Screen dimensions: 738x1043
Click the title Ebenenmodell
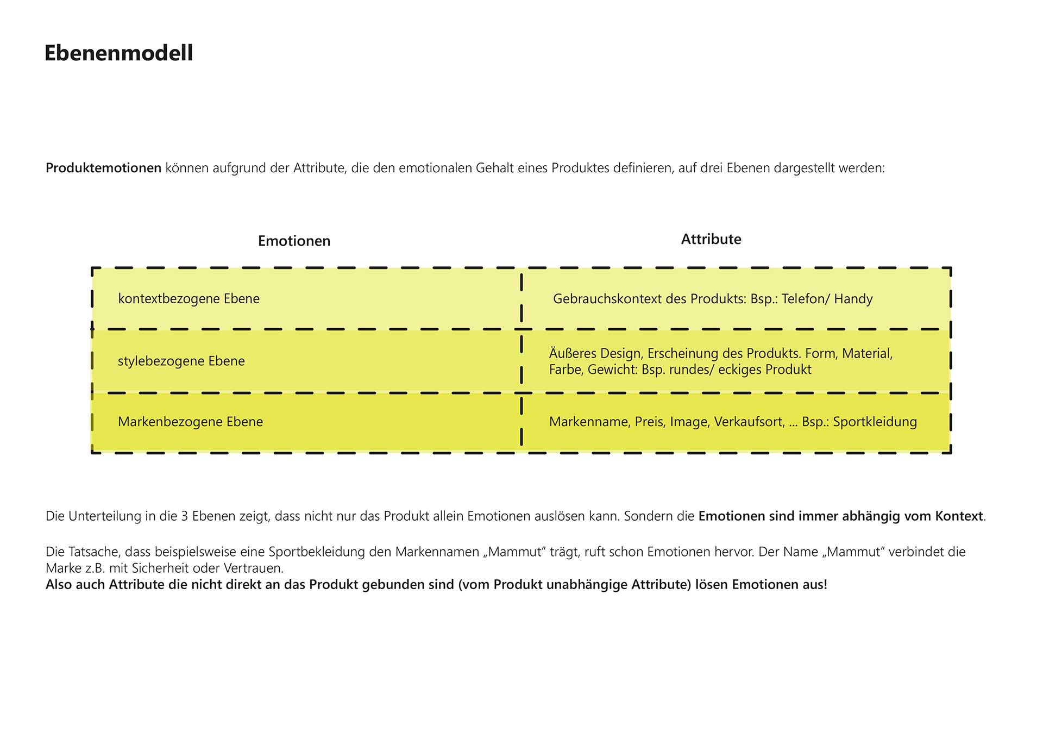tap(118, 53)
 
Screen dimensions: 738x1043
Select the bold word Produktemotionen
tap(103, 168)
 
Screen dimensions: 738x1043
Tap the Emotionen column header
tap(294, 241)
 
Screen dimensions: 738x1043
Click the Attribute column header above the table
tap(711, 239)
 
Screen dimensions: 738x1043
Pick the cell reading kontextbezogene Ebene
tap(189, 299)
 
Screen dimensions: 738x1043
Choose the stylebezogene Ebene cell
tap(181, 361)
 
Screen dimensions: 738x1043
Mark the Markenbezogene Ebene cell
tap(190, 422)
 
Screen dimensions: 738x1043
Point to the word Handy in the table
tap(853, 299)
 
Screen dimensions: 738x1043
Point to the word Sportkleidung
tap(875, 422)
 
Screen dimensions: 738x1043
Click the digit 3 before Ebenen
tap(184, 516)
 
